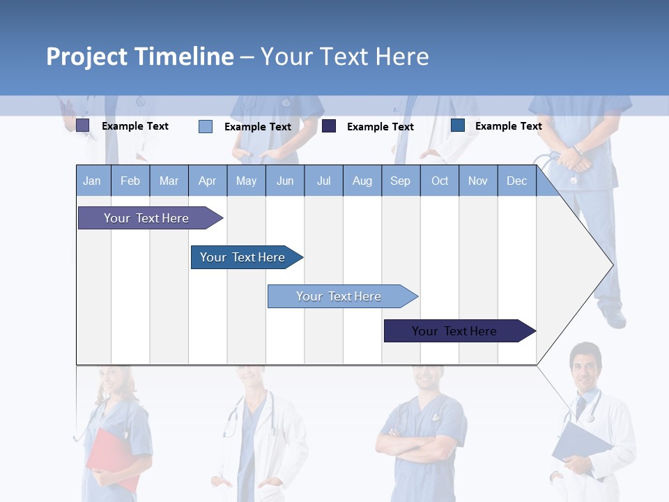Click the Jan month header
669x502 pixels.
(x=92, y=181)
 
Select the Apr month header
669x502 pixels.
(x=207, y=181)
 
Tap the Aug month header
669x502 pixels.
(x=362, y=181)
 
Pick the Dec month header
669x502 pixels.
(x=516, y=181)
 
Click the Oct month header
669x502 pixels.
(x=440, y=181)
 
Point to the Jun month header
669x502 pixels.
(x=284, y=181)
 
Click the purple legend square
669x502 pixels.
(x=82, y=125)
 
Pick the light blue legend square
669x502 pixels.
(x=205, y=126)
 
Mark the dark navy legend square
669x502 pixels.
(x=329, y=126)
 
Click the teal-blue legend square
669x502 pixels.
(x=458, y=125)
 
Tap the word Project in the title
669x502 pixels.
(x=87, y=56)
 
